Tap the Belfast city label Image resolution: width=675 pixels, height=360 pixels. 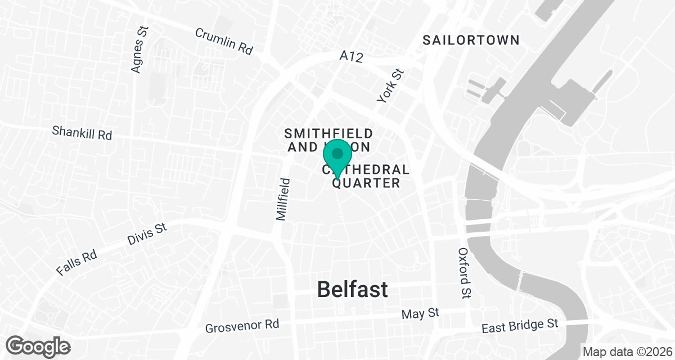352,289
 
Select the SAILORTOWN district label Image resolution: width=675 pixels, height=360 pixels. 471,40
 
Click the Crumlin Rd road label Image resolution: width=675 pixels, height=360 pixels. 224,41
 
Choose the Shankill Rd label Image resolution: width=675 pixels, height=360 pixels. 82,133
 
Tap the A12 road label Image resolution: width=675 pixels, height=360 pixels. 352,56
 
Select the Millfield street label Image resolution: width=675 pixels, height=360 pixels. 284,199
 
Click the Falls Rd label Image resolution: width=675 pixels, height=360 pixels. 76,262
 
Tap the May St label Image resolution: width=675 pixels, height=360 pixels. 420,314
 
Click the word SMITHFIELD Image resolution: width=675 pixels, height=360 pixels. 328,133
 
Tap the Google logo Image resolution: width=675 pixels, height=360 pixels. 39,345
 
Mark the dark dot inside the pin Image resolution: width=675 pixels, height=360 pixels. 337,153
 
